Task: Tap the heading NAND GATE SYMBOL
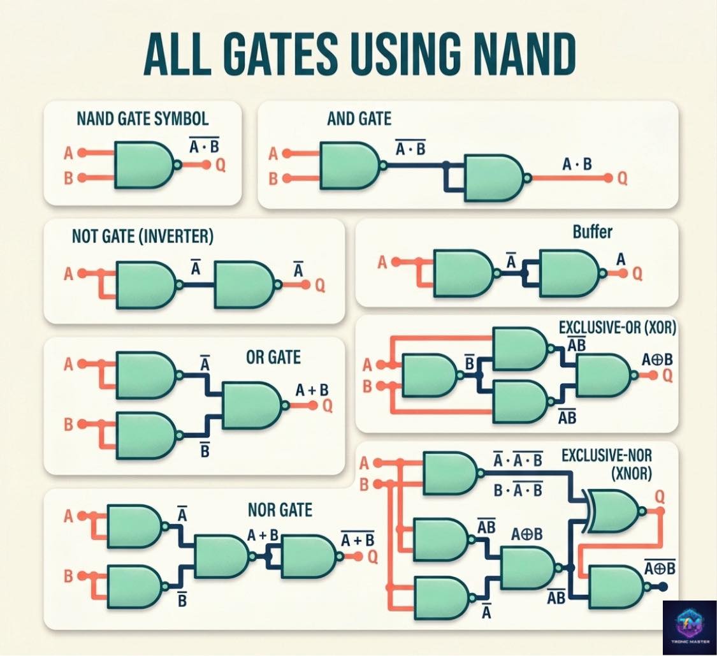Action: [142, 119]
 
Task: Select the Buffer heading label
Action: [592, 232]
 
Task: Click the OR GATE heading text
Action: [273, 357]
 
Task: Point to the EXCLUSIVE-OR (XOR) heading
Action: [617, 328]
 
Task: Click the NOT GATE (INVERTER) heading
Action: [142, 236]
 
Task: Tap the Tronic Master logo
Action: [690, 628]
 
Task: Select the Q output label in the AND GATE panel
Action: [622, 179]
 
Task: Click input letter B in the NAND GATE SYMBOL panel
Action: [68, 178]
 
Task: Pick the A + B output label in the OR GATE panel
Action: [312, 390]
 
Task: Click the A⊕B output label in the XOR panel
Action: [657, 360]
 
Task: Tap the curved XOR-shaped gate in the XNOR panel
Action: [615, 511]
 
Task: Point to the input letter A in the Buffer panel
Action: [382, 263]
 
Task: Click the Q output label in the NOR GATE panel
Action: [373, 557]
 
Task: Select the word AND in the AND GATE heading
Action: [341, 119]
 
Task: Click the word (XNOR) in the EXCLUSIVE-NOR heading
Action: [632, 474]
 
